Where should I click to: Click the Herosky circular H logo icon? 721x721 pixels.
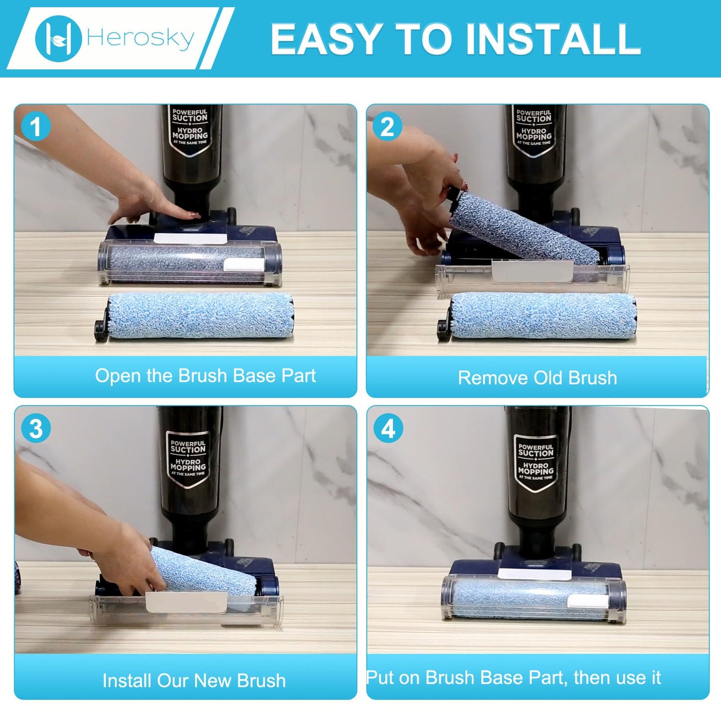58,38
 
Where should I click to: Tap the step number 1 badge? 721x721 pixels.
35,127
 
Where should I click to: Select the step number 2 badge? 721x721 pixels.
388,127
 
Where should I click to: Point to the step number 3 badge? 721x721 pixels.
35,429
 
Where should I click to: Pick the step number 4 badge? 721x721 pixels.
388,429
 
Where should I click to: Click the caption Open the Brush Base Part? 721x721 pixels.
205,376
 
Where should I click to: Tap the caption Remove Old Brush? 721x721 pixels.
537,378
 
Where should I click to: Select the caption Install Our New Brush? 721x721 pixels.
194,681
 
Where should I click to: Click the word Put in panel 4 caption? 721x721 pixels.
381,678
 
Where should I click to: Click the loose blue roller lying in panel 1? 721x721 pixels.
200,316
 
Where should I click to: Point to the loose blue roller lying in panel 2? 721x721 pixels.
543,316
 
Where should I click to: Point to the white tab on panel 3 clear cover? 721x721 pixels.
186,603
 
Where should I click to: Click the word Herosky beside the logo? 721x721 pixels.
140,38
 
